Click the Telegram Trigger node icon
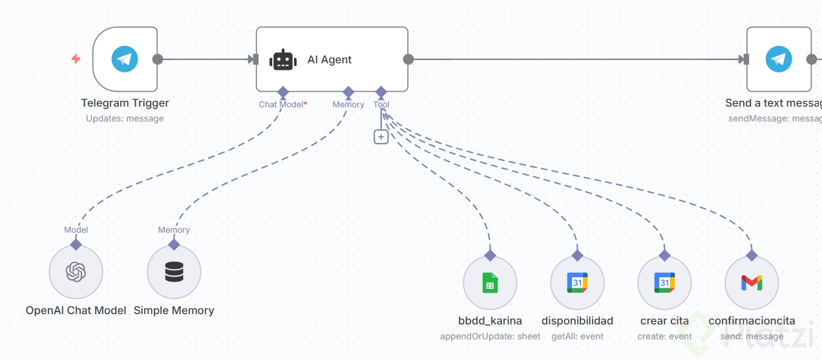point(125,59)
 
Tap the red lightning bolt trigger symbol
point(76,59)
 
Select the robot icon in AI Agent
point(282,59)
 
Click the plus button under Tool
point(381,136)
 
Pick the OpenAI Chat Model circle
point(76,272)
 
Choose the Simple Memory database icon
point(174,272)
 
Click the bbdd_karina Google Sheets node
point(490,283)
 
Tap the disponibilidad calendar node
point(577,283)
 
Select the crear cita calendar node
point(664,283)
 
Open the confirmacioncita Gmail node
point(752,283)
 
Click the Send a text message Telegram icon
point(779,59)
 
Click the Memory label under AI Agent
point(348,105)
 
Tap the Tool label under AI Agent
point(381,105)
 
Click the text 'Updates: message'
point(125,119)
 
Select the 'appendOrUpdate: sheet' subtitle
point(490,336)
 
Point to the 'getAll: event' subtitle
point(577,336)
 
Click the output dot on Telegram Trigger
point(157,59)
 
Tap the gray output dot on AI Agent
point(408,59)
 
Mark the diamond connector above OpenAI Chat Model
point(76,244)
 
